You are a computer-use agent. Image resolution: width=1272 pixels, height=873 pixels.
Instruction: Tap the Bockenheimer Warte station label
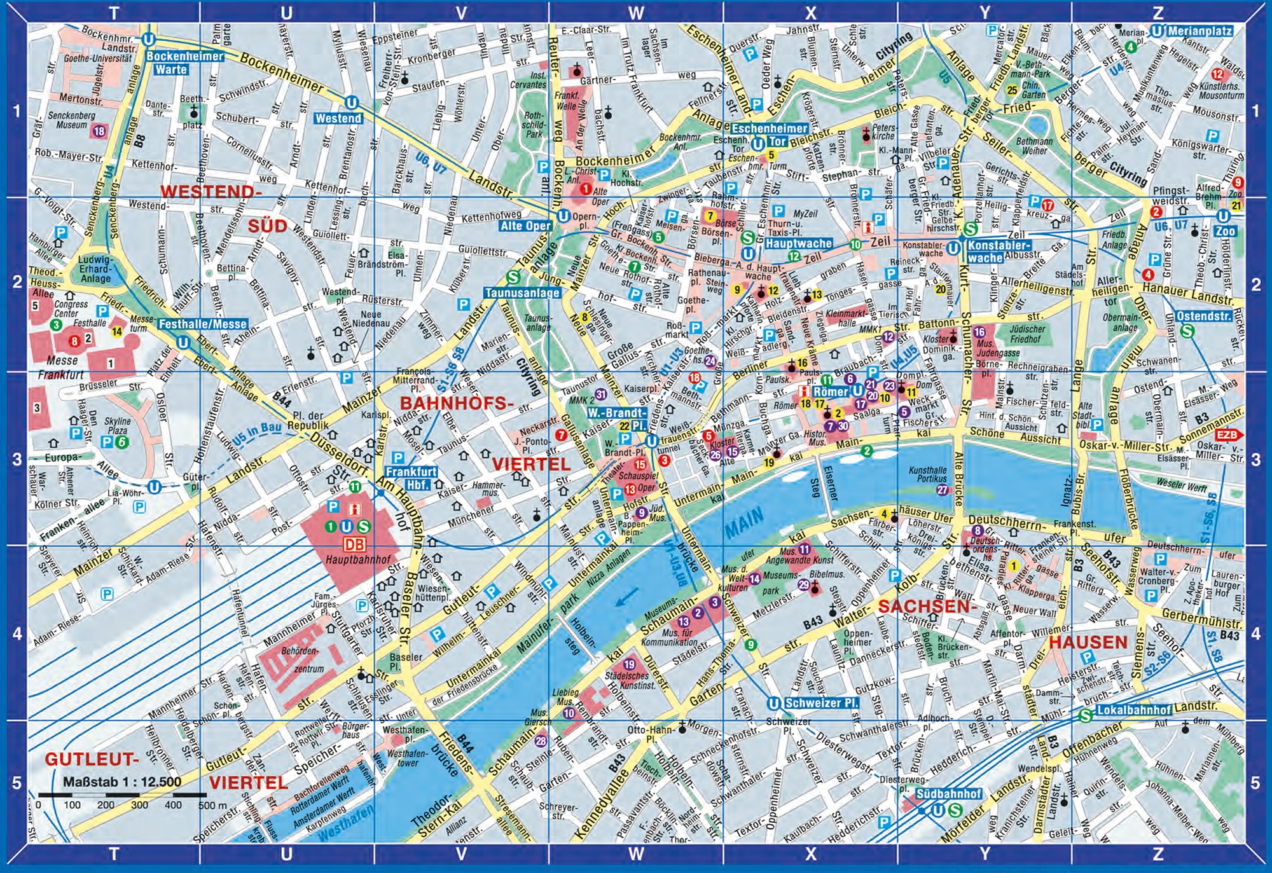(184, 63)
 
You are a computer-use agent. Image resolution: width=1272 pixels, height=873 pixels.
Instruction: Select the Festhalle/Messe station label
(202, 324)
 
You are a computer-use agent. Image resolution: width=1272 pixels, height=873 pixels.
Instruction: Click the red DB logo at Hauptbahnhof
(354, 544)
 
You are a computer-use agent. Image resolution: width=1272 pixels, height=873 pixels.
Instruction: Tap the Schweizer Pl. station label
(821, 703)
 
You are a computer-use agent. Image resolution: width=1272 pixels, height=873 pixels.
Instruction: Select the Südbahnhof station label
(948, 794)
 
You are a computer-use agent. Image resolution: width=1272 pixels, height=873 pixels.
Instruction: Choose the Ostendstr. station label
(1204, 316)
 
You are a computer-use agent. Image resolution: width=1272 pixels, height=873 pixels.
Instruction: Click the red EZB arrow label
(1228, 435)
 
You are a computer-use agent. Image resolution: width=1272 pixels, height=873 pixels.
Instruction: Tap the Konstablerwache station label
(998, 251)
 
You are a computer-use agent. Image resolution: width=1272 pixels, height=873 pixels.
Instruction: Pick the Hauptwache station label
(798, 244)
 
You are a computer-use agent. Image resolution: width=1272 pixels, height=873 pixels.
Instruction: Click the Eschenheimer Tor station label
(770, 135)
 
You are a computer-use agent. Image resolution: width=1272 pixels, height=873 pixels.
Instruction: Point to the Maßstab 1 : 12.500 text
(121, 781)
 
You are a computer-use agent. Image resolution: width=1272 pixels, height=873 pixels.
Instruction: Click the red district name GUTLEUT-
(92, 759)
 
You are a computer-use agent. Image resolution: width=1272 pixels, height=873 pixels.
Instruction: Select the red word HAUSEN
(1088, 642)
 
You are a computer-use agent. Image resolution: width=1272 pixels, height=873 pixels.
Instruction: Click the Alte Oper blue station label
(525, 226)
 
